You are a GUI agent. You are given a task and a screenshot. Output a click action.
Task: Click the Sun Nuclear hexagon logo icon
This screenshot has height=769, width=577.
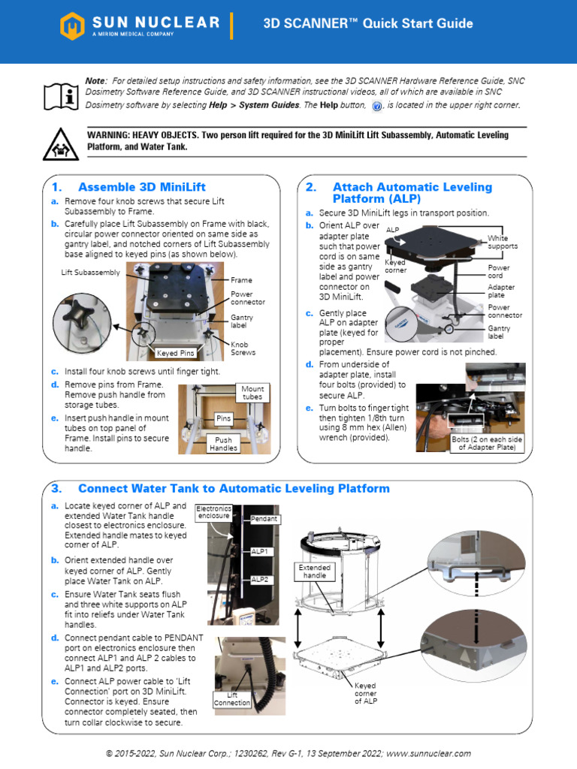pyautogui.click(x=71, y=26)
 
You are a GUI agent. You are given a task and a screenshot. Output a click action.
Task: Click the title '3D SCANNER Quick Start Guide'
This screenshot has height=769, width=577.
pyautogui.click(x=367, y=24)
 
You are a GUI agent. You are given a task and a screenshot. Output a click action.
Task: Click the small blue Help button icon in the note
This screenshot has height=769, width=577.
pyautogui.click(x=377, y=106)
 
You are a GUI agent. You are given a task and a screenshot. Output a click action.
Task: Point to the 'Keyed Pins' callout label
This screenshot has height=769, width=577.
pyautogui.click(x=175, y=352)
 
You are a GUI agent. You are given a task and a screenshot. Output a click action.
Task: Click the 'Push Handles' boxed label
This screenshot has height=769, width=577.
pyautogui.click(x=223, y=444)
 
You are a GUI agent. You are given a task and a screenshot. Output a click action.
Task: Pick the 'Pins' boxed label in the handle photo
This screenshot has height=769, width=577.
pyautogui.click(x=223, y=417)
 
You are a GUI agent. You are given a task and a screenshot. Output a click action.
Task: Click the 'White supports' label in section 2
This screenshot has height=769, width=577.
pyautogui.click(x=502, y=242)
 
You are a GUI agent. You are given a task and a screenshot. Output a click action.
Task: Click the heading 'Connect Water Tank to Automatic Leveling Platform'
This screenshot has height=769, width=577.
pyautogui.click(x=234, y=489)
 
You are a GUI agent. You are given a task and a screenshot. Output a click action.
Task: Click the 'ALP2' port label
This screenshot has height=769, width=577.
pyautogui.click(x=260, y=579)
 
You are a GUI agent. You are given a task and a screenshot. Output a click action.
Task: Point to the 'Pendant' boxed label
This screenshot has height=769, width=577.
pyautogui.click(x=264, y=519)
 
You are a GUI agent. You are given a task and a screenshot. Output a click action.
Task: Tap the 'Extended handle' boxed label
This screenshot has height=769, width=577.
pyautogui.click(x=315, y=572)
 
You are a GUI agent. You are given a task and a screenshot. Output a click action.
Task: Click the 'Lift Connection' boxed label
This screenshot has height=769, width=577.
pyautogui.click(x=232, y=698)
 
